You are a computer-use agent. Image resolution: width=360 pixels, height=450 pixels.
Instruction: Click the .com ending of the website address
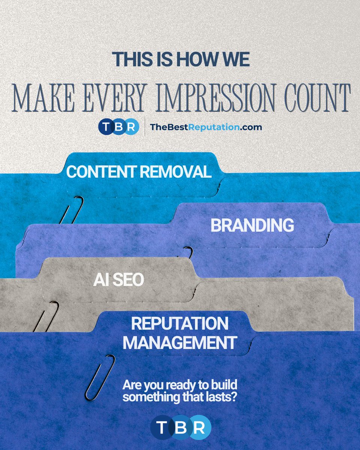[x=251, y=127]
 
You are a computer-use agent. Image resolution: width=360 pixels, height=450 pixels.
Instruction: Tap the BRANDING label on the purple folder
[x=252, y=225]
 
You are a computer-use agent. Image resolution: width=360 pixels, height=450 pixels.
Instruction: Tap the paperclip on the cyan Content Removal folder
[x=72, y=210]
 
